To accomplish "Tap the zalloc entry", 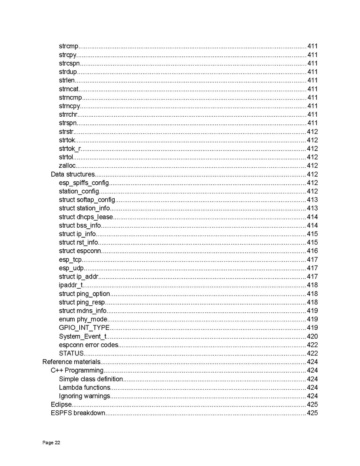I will [x=67, y=166].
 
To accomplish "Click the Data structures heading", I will [x=73, y=174].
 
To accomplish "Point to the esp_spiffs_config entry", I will [x=84, y=183].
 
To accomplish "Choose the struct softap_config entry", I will [x=87, y=200].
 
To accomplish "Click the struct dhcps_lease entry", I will [x=86, y=217].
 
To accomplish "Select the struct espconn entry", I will [x=80, y=251].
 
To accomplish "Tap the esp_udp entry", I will [x=72, y=268].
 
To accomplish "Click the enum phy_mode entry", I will [x=83, y=319].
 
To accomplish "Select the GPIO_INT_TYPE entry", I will [x=84, y=328].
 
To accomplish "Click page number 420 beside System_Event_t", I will [x=312, y=336].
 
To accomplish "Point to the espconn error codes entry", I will [x=89, y=345].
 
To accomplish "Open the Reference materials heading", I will [x=72, y=362].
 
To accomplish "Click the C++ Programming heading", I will [x=77, y=370].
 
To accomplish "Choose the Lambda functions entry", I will [x=85, y=387].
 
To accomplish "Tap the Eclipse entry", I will [x=61, y=405].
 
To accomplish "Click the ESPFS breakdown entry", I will [x=78, y=413].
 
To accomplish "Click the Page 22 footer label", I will [x=51, y=443].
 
